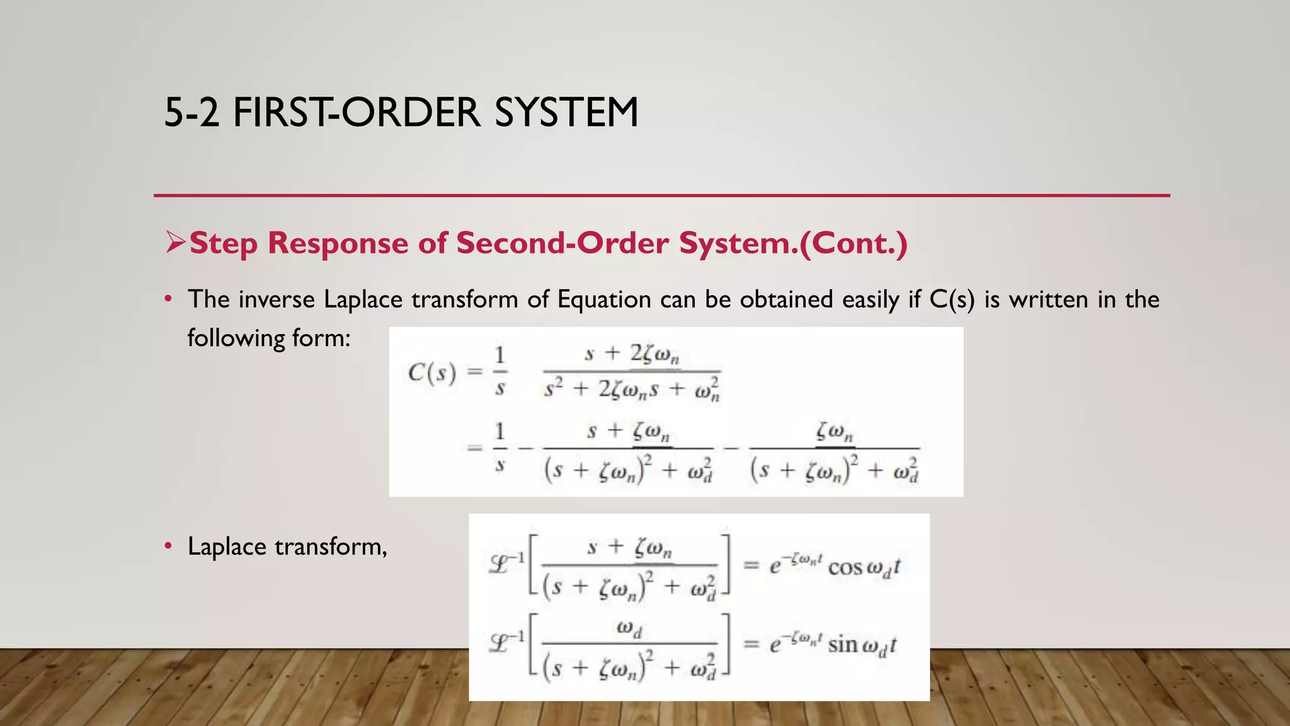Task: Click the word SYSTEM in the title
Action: [566, 113]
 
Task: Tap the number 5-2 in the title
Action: [191, 113]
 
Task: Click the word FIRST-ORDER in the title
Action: [357, 113]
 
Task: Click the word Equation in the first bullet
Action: [604, 299]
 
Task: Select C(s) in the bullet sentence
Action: [952, 299]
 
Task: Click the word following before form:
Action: [236, 338]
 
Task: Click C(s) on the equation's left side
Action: [431, 373]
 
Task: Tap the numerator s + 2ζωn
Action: [632, 355]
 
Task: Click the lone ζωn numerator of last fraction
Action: [835, 432]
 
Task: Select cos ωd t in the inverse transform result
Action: [864, 567]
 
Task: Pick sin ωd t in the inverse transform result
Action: [861, 645]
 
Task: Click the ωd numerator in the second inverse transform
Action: [629, 628]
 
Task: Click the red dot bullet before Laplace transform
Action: [168, 546]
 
